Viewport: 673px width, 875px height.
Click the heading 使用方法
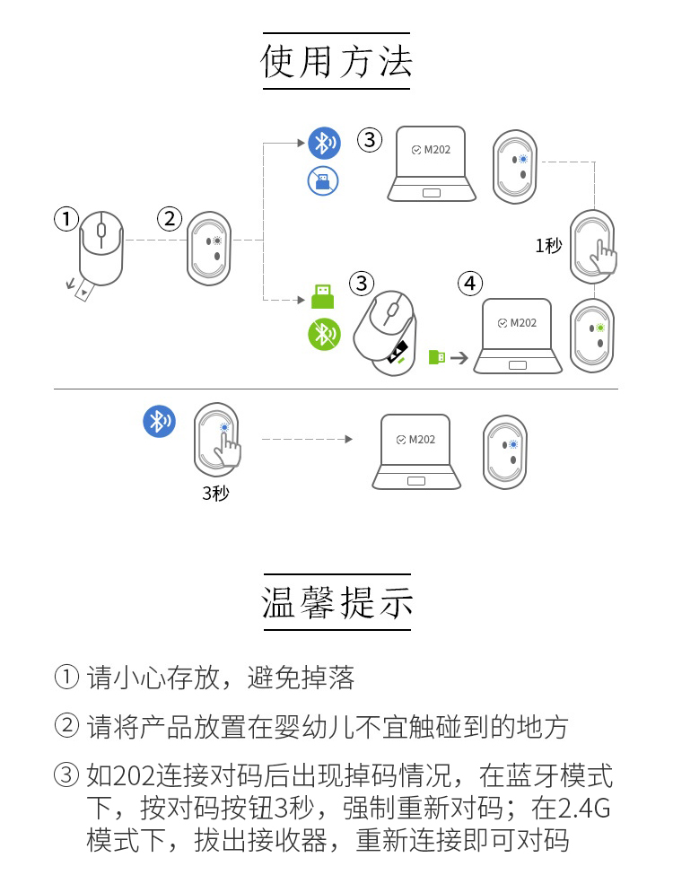pos(336,61)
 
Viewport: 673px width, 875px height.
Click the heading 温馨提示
pos(336,602)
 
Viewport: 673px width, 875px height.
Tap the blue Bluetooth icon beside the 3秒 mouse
pos(160,421)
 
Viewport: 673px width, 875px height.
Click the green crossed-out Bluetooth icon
pos(324,335)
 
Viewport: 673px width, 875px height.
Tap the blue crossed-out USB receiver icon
pos(323,180)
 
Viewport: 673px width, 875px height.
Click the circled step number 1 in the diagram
pos(66,218)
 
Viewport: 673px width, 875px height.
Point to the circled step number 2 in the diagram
pos(170,218)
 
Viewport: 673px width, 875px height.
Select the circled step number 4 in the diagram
pos(469,284)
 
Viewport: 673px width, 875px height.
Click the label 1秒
pos(548,245)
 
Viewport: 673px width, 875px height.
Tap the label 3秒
pos(215,493)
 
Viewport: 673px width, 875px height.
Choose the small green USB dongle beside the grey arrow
pos(437,357)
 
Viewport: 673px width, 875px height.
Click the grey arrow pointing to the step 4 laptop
pos(459,357)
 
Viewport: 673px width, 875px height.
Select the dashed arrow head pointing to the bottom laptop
pos(347,439)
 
